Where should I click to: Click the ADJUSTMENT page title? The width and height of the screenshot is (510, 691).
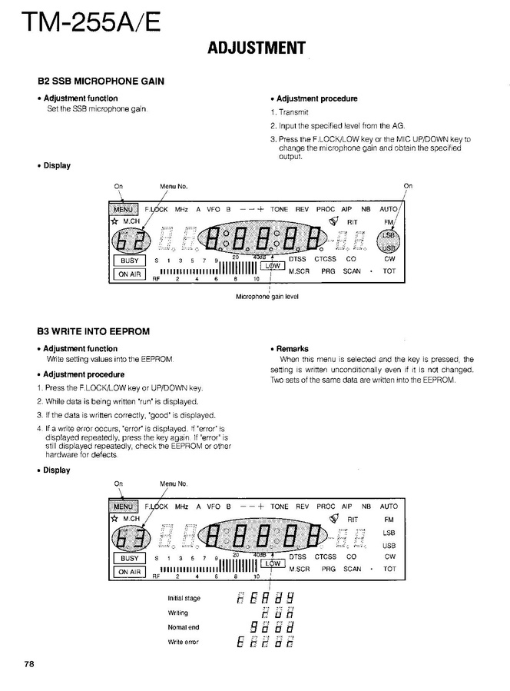[257, 48]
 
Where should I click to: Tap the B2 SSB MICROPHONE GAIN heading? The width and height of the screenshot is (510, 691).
[101, 81]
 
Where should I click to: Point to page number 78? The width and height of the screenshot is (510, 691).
[29, 663]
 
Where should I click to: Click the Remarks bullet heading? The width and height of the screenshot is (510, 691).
[292, 349]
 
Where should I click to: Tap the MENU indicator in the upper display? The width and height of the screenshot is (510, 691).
[124, 208]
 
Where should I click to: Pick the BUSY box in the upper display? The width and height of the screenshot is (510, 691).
[129, 261]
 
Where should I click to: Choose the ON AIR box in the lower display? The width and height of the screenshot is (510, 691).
[129, 572]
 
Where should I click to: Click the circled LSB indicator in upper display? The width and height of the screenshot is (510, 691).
[389, 234]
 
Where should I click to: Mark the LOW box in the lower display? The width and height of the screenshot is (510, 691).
[273, 563]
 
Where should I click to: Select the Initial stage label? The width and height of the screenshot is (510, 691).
[184, 598]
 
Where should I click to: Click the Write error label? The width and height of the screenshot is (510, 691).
[183, 642]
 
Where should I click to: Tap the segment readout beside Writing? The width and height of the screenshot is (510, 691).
[276, 613]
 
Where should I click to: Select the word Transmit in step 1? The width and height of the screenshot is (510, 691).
[293, 112]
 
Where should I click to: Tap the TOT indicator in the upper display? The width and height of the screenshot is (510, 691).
[389, 271]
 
